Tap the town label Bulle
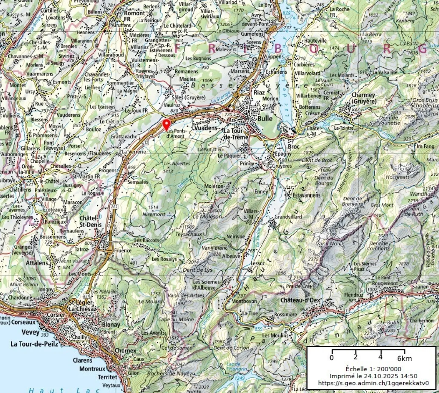pos(265,118)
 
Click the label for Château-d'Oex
pos(300,300)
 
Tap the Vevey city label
pos(30,332)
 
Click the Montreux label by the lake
pos(92,369)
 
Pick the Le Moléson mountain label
pos(207,216)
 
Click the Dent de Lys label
pos(197,270)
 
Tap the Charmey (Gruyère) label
pos(363,98)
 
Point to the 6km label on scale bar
pos(404,358)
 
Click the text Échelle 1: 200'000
pos(373,369)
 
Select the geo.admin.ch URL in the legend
pos(373,383)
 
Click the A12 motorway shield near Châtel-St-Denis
pos(114,207)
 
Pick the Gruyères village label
pos(282,166)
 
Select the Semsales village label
pos(138,182)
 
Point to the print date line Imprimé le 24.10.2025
pos(373,376)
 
